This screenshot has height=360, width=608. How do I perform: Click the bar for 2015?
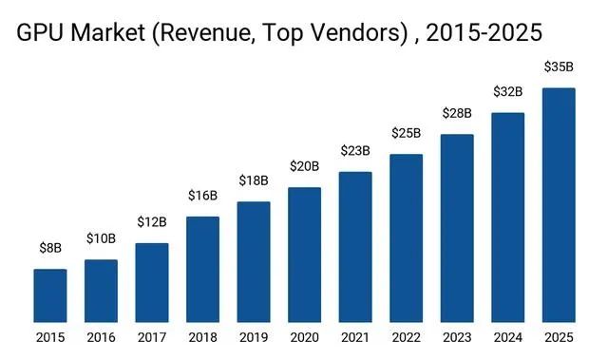(x=50, y=295)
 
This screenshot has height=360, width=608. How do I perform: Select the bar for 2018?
(x=202, y=270)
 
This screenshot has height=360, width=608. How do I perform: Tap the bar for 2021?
(x=355, y=247)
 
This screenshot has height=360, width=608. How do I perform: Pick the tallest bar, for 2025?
(x=559, y=205)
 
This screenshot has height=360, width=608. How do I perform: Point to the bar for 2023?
(x=457, y=228)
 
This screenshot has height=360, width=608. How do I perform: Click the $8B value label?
(x=50, y=248)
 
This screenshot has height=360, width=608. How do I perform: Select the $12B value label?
(x=152, y=222)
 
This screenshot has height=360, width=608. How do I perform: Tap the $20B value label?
(x=304, y=166)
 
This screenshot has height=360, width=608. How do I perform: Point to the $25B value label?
(x=406, y=133)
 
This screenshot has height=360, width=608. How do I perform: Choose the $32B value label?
(x=508, y=92)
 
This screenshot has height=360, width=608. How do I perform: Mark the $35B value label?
(x=559, y=66)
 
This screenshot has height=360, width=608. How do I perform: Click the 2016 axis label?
(x=102, y=337)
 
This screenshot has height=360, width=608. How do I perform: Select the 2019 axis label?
(x=254, y=337)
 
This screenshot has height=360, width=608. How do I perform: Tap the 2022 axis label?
(x=406, y=337)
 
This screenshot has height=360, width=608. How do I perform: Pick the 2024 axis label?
(x=508, y=337)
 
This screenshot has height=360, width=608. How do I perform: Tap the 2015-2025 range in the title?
(x=484, y=32)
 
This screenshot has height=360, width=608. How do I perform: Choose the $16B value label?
(x=202, y=196)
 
